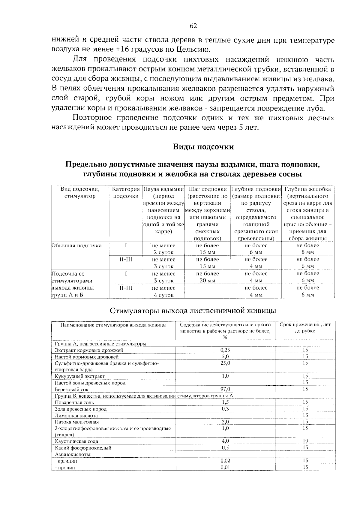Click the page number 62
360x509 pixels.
tap(193, 26)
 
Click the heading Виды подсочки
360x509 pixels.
tap(203, 147)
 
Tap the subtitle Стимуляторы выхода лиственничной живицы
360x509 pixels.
tap(193, 310)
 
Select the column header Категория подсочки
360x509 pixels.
tap(126, 193)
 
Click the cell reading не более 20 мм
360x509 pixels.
tap(207, 277)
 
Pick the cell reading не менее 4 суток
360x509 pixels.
tap(163, 291)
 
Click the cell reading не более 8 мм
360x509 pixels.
tap(307, 249)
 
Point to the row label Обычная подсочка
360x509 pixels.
tap(77, 245)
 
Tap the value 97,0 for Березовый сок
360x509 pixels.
tap(225, 389)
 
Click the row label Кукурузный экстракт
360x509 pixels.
tap(79, 376)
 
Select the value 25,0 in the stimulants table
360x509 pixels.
tap(225, 363)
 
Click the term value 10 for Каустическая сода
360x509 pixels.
tap(305, 441)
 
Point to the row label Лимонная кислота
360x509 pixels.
tap(76, 416)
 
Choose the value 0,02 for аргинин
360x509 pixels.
tap(225, 461)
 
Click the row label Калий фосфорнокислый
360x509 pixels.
tap(83, 448)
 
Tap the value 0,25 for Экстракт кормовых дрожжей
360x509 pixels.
tap(225, 350)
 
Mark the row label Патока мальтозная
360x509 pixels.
tap(77, 422)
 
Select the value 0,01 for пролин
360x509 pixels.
tap(225, 467)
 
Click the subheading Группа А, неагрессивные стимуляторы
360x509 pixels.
tap(100, 344)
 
